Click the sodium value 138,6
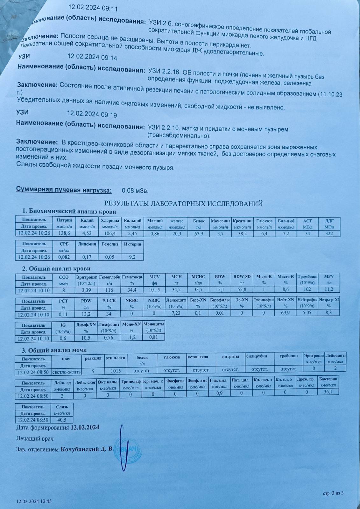click(64, 234)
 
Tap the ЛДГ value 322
click(329, 234)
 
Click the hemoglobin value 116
click(109, 290)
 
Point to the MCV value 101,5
click(154, 290)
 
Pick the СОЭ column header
click(64, 277)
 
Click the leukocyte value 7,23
click(176, 314)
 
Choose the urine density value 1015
click(115, 371)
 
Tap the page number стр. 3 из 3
click(333, 493)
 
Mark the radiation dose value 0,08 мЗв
click(135, 191)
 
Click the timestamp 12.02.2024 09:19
click(92, 114)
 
